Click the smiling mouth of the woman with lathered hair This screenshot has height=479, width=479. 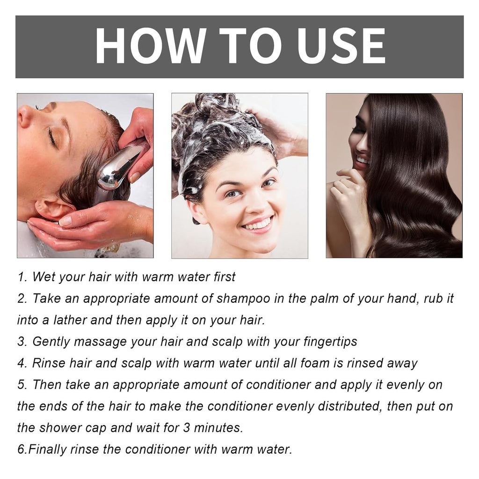point(257,224)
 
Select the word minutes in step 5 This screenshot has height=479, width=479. point(218,428)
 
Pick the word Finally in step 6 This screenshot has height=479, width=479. point(47,449)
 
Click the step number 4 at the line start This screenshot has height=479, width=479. point(22,363)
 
